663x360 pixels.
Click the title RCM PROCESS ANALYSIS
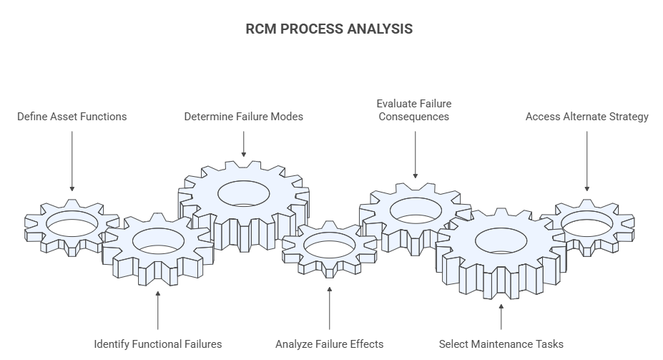(329, 29)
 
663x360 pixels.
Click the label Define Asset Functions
(72, 117)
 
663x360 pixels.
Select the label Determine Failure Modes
(244, 117)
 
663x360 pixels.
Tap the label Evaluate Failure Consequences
(414, 110)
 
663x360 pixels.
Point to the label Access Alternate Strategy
(586, 117)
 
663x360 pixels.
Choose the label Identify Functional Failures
(158, 344)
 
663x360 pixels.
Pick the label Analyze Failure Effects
(330, 344)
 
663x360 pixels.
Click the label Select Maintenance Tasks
(501, 344)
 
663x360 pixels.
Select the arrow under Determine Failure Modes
(244, 143)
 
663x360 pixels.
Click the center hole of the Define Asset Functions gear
(72, 223)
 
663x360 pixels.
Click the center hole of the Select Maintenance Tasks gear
(501, 240)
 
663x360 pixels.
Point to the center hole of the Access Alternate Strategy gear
(586, 223)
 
